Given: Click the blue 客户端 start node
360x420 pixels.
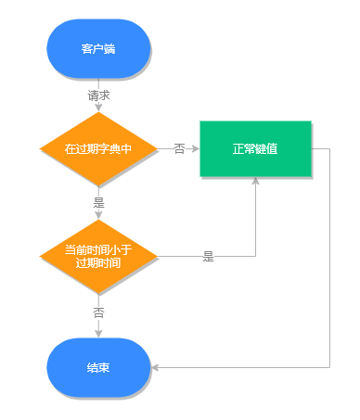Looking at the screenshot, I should [98, 48].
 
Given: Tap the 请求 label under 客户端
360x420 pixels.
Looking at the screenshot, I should [98, 95].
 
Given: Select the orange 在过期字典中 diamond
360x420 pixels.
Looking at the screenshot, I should [98, 148].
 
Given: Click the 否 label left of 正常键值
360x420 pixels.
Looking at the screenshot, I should [179, 148].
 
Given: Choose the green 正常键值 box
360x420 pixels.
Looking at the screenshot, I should [255, 148].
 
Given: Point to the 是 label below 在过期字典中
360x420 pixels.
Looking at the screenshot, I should [98, 203].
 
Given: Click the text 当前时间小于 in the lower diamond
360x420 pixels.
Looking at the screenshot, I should [98, 249].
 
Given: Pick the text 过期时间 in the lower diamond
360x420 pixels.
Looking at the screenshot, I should [98, 262].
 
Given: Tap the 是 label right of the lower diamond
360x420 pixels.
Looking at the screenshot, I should [208, 257].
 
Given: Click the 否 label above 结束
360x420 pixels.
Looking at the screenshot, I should [98, 312].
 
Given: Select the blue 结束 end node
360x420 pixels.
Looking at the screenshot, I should [98, 368].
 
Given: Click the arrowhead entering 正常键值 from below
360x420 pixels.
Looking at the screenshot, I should [255, 181].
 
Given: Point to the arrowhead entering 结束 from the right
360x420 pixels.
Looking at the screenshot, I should [155, 368].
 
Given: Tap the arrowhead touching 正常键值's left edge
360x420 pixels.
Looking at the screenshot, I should [195, 148].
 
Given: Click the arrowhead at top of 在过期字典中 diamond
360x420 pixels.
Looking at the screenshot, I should [98, 108].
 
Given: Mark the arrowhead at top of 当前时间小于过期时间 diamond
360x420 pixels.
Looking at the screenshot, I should [98, 217].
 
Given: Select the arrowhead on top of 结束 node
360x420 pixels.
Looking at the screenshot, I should [98, 334].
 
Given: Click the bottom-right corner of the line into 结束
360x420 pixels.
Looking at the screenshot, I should [329, 368].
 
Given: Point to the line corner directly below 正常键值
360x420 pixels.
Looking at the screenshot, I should [255, 256].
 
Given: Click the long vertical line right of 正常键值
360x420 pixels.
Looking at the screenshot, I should [329, 260].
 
